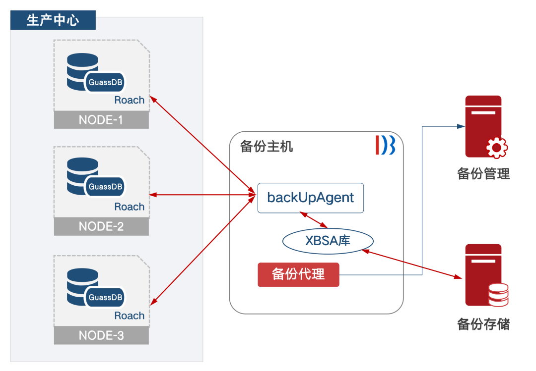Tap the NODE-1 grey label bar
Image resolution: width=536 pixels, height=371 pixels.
[101, 120]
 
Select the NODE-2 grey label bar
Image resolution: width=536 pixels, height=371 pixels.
[101, 226]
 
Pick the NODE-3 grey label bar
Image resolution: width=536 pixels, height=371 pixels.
[101, 335]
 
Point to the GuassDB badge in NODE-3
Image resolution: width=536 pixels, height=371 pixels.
[105, 297]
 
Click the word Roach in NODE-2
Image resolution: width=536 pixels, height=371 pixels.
[130, 207]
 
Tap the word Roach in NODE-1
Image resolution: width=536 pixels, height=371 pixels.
[130, 100]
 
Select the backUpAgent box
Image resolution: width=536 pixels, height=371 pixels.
[311, 198]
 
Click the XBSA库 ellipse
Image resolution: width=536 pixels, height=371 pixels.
[328, 241]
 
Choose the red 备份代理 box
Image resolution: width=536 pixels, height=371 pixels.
[298, 274]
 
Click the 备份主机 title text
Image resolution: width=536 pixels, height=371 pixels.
[267, 147]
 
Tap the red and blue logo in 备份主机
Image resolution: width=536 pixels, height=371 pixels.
[385, 144]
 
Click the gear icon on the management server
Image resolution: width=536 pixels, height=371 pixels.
[496, 147]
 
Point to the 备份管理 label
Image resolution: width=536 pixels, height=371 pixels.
[483, 173]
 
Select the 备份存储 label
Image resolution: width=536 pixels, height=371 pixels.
[483, 324]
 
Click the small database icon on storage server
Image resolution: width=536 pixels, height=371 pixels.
[498, 295]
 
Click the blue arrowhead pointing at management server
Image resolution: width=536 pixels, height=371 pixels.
[460, 126]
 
